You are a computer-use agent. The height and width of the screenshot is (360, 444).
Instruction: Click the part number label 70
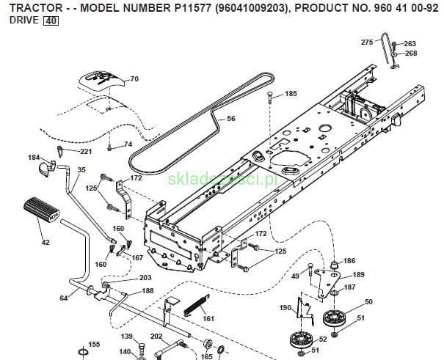click(134, 78)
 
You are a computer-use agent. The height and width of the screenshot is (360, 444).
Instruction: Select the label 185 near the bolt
click(291, 94)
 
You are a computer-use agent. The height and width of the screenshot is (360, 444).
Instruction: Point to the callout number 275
click(367, 43)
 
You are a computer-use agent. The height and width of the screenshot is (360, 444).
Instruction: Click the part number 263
click(410, 44)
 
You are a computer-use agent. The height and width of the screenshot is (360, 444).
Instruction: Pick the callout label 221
click(86, 152)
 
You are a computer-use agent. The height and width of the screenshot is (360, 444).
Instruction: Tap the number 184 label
click(34, 157)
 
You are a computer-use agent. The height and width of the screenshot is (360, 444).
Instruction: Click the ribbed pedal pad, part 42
click(41, 210)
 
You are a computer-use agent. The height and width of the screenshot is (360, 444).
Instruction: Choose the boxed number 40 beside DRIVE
click(51, 21)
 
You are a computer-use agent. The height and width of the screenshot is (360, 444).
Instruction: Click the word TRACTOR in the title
click(30, 7)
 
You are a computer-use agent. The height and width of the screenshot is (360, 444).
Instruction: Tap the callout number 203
click(145, 278)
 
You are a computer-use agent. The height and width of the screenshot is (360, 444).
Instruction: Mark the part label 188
click(148, 291)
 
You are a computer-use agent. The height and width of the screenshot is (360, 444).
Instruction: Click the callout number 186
click(349, 261)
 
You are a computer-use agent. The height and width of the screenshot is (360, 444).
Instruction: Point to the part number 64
click(63, 298)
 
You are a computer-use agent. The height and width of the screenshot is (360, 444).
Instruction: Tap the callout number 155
click(94, 344)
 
